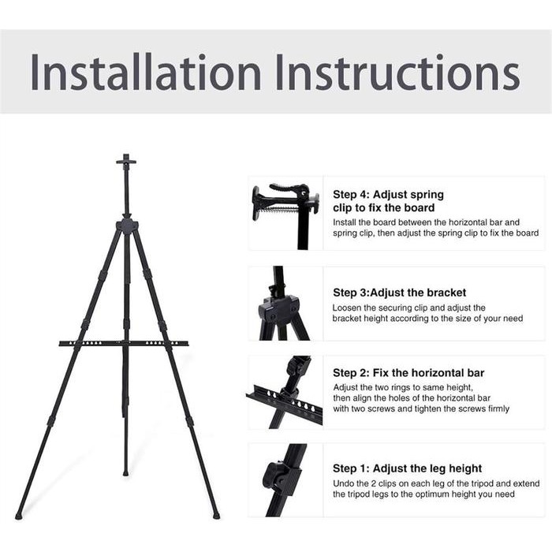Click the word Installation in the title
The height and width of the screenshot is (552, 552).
pos(146,73)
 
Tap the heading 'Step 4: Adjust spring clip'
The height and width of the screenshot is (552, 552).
pos(388,200)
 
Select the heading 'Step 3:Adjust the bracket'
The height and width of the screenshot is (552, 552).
pos(399,292)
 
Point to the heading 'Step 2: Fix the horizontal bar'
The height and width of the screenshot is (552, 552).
pos(408,372)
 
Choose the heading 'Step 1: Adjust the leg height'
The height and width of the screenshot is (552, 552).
pos(407,468)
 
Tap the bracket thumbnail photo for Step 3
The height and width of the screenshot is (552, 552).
pos(285,304)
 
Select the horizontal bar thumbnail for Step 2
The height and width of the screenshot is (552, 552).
pos(285,392)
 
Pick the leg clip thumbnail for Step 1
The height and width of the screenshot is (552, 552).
pos(285,479)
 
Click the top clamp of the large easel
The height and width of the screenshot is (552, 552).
pos(125,162)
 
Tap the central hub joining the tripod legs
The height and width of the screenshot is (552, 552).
pos(126,226)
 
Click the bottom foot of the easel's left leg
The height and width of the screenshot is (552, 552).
pos(19,516)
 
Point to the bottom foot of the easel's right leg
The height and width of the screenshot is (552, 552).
pos(216,516)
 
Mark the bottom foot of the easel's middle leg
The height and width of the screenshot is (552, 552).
pos(125,473)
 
